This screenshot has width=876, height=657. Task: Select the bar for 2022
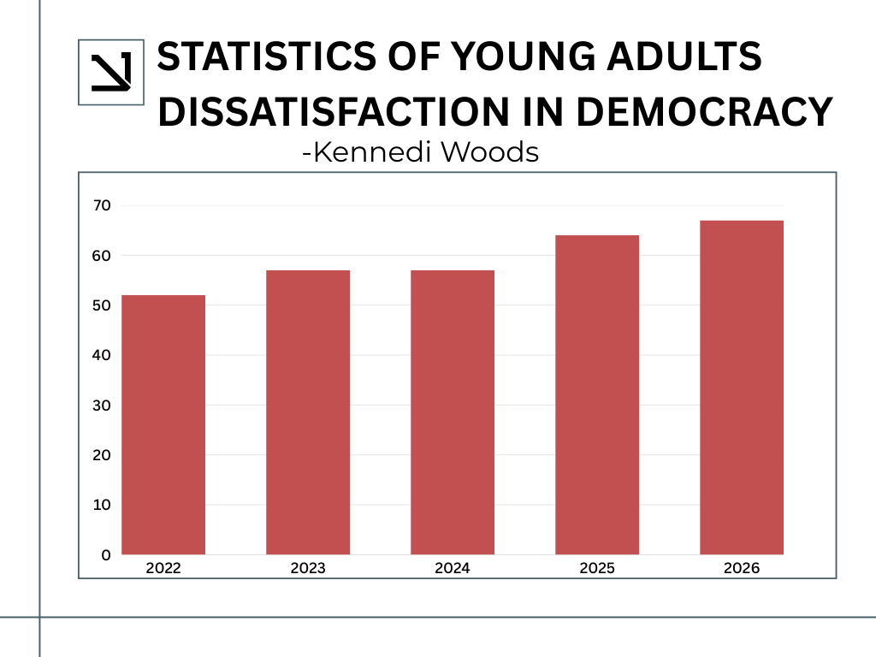point(163,424)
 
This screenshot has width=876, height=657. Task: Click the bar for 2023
point(308,412)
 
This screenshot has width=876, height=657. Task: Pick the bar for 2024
point(453,412)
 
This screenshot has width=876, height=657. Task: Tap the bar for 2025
point(596,395)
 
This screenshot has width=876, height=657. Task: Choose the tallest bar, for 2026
point(742,388)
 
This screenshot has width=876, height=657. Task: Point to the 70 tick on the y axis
point(102,205)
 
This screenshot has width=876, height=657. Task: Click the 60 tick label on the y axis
point(102,256)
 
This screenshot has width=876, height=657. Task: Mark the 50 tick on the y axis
point(102,305)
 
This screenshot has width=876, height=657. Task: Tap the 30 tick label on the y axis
point(102,405)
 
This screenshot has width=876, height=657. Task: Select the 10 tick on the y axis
point(102,505)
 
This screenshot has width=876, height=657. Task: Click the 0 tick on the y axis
point(106,554)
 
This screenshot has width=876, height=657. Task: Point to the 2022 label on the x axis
point(163,568)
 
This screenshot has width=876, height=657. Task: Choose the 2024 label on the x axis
point(453,568)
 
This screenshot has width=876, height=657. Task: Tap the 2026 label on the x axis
point(742,568)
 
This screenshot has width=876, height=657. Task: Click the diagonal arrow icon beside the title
point(111,72)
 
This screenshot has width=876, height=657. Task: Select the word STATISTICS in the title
point(267,56)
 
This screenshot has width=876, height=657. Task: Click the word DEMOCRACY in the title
point(704,112)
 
